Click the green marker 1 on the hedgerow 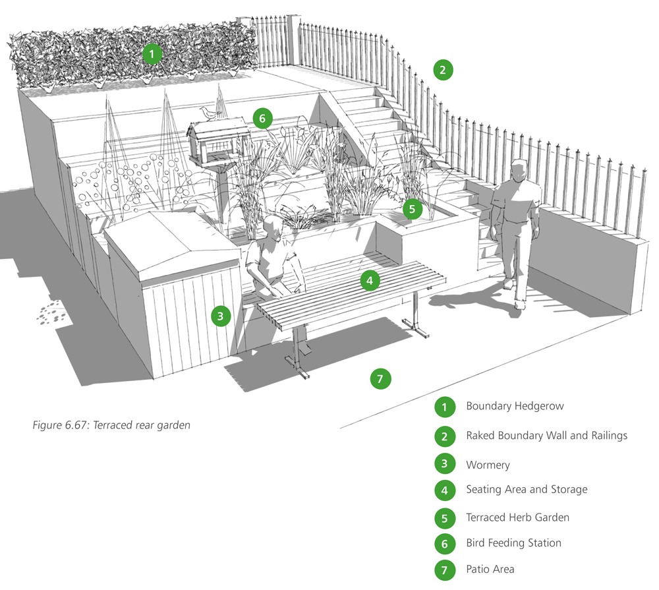(152, 53)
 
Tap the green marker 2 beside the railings (443, 69)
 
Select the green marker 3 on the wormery (221, 316)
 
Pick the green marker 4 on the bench (370, 281)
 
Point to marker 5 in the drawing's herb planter (412, 209)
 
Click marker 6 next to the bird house (262, 119)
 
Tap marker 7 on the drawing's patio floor (380, 378)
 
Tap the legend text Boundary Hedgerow (515, 406)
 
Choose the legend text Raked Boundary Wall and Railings (546, 436)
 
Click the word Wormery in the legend (488, 465)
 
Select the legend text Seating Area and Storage (527, 490)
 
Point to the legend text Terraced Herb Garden (517, 517)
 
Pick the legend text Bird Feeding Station (513, 543)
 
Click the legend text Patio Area (490, 569)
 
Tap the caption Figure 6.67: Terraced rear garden (111, 425)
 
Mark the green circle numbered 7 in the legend (445, 569)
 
